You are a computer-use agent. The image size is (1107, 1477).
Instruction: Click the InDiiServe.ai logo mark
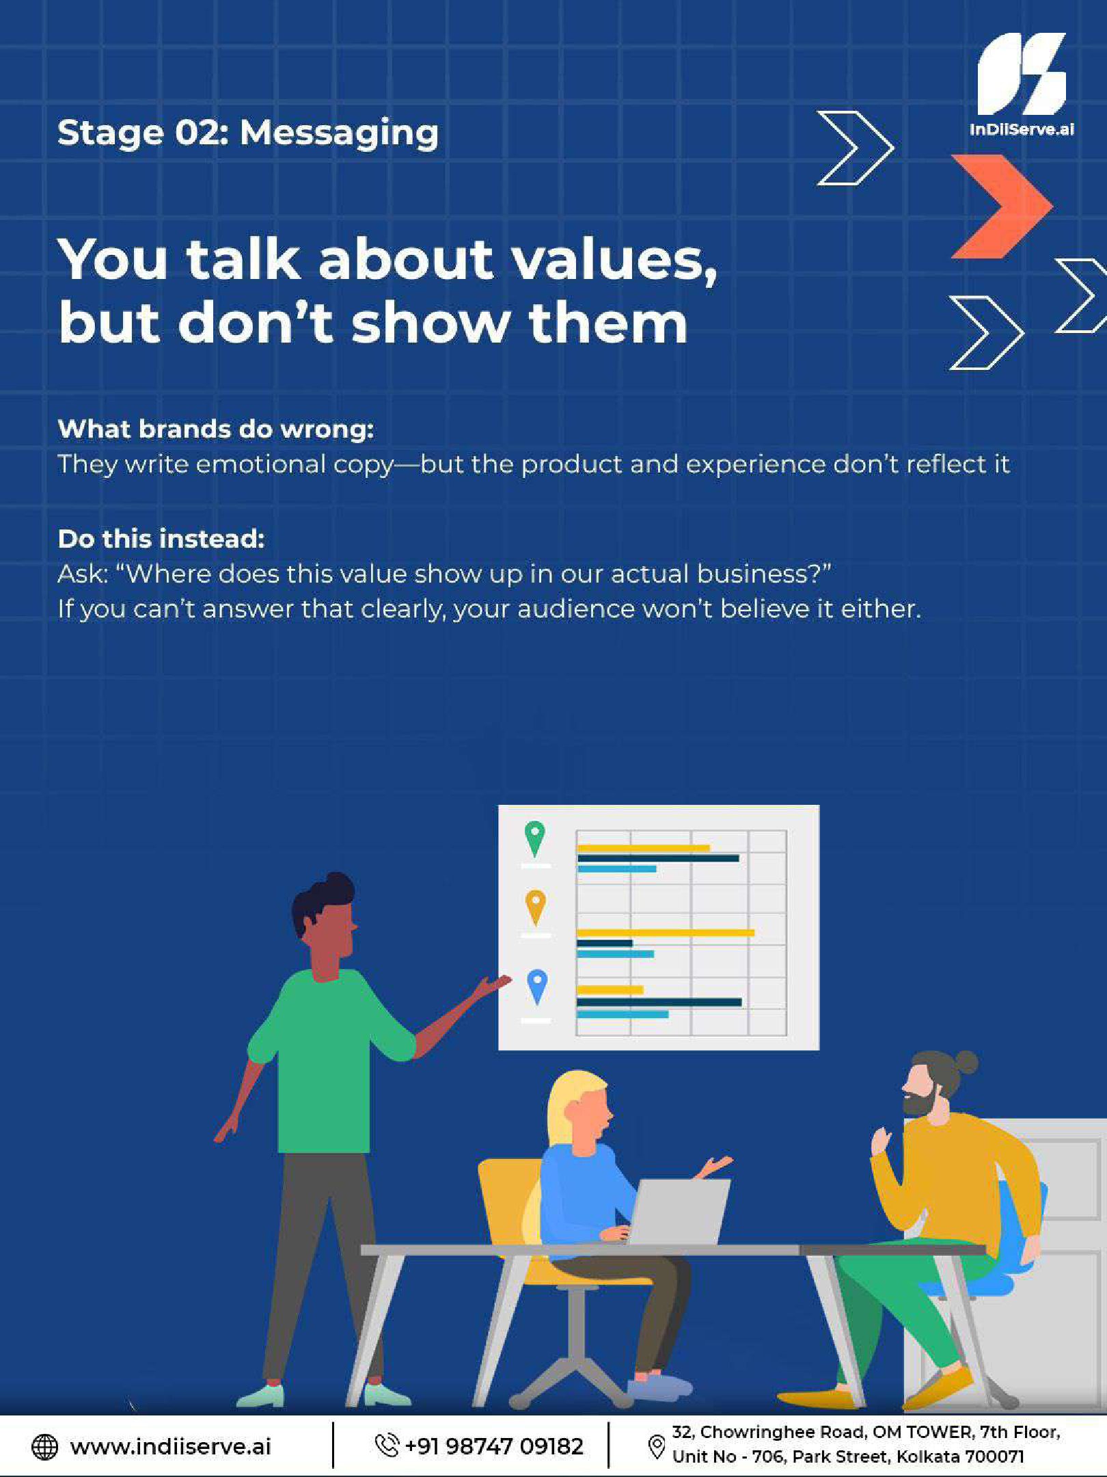click(x=1022, y=74)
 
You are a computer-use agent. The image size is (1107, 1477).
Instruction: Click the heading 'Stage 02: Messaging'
click(x=248, y=133)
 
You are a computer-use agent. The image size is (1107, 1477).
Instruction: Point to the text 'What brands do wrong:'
click(x=216, y=429)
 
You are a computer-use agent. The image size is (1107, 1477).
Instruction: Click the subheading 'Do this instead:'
click(x=161, y=539)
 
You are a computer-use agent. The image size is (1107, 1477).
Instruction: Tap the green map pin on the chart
click(x=535, y=838)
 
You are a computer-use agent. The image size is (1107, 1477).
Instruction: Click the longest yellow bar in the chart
click(x=666, y=933)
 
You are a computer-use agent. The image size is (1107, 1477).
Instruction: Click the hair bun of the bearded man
click(x=966, y=1062)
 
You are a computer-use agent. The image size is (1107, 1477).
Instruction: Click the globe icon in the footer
click(x=45, y=1446)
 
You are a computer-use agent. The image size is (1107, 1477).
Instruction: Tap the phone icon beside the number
click(x=387, y=1445)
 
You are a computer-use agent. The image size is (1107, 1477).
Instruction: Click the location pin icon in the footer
click(x=656, y=1446)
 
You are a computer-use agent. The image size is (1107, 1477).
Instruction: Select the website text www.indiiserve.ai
click(x=170, y=1446)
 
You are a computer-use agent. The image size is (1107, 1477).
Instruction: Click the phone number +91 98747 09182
click(x=494, y=1446)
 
